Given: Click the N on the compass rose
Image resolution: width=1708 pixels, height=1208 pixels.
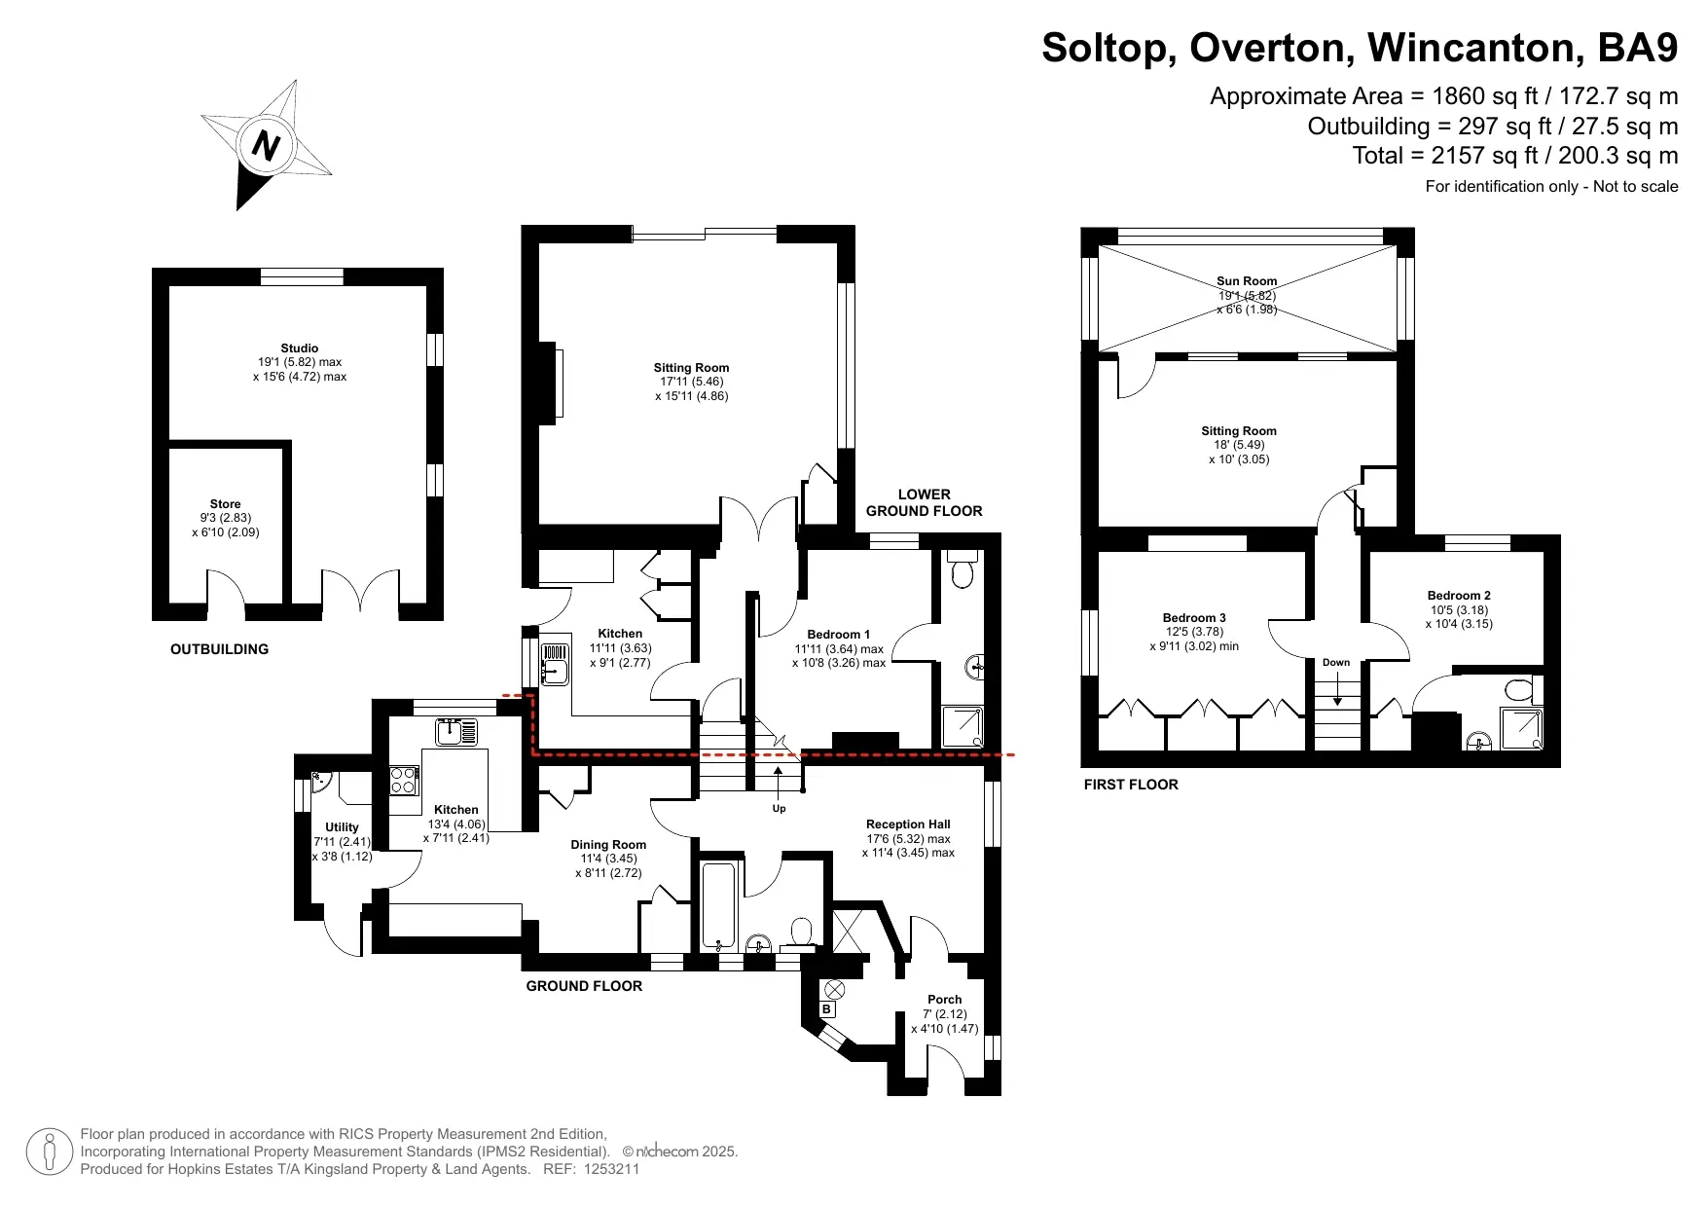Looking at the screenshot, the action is coord(266,145).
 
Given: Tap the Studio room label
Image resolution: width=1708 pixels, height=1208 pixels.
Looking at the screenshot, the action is coord(300,348).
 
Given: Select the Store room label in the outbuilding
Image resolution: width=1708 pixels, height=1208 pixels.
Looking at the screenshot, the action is coord(225,504).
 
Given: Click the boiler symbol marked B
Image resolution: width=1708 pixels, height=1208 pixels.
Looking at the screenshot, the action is coord(826,1009).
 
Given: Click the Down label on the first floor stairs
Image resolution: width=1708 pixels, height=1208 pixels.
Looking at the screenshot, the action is coord(1336,663).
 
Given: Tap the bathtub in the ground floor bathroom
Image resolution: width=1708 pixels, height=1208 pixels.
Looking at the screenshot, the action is coord(719,904).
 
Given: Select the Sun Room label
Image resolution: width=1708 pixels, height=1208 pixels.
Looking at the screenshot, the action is coord(1247,281).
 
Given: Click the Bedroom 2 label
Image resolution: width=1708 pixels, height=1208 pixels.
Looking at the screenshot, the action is coord(1459,596).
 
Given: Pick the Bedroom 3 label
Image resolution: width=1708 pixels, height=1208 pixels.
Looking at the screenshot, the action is coord(1194,618).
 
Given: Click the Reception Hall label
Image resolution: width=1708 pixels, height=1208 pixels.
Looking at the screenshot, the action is coord(908,824).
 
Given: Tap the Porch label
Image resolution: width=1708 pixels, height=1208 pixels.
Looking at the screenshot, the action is coord(944,1000).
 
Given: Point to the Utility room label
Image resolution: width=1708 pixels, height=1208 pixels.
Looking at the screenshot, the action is coord(342,827).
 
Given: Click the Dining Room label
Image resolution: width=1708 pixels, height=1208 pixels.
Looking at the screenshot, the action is coord(608,845).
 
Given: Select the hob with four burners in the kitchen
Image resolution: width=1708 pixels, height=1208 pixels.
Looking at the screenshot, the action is coord(404,781).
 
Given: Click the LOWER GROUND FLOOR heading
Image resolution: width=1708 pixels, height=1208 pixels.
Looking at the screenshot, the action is coord(924,502).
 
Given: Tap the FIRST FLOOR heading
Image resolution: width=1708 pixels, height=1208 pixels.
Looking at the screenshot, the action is coord(1131,785).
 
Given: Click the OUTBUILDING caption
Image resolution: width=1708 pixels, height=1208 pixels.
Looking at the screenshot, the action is coord(219,649).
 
